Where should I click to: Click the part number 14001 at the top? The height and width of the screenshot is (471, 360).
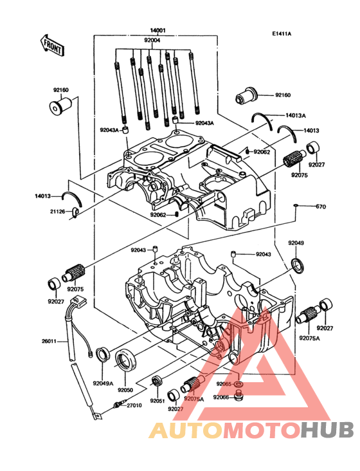[x=158, y=30]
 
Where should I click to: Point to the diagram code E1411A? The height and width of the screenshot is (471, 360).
[x=281, y=33]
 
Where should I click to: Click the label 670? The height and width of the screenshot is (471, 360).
[x=321, y=207]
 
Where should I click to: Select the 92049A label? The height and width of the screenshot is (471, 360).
[x=103, y=383]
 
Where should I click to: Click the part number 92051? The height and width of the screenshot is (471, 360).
[x=158, y=401]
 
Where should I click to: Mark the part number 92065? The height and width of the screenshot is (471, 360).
[x=223, y=384]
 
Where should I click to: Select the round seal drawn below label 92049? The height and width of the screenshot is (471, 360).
[x=298, y=264]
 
